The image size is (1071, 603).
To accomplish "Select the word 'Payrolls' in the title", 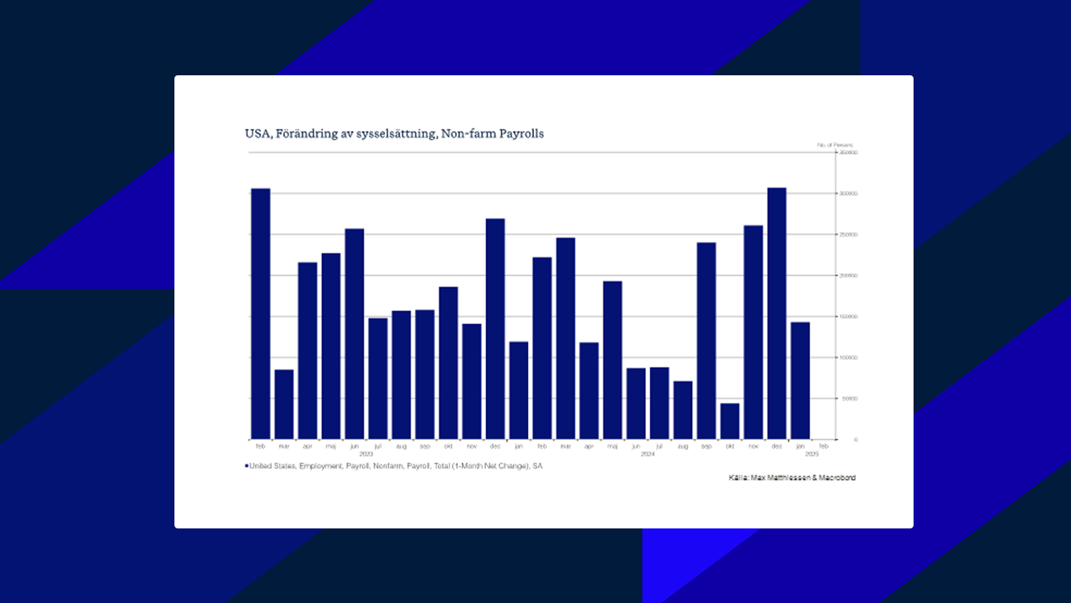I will click(521, 133).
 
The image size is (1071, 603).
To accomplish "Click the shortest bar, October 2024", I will click(730, 421).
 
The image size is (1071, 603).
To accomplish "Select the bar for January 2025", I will click(801, 381).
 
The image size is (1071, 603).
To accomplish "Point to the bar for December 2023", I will click(496, 329).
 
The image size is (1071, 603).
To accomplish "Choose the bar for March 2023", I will click(284, 404).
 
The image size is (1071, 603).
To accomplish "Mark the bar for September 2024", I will click(706, 341).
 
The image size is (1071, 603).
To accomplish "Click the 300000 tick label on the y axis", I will click(849, 194).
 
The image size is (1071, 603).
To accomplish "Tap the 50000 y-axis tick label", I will click(850, 399).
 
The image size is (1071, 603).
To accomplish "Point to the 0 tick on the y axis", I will click(855, 440).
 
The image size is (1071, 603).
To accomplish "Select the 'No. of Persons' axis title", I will click(835, 145).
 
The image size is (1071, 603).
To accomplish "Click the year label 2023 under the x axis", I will click(366, 454).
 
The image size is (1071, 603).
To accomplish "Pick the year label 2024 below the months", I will click(647, 454).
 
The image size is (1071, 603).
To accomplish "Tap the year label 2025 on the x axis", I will click(812, 454).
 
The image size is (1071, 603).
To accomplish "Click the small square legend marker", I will click(247, 466).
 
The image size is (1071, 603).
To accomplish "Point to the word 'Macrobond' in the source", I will click(837, 478).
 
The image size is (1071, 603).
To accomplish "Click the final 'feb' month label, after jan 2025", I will click(824, 446).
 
